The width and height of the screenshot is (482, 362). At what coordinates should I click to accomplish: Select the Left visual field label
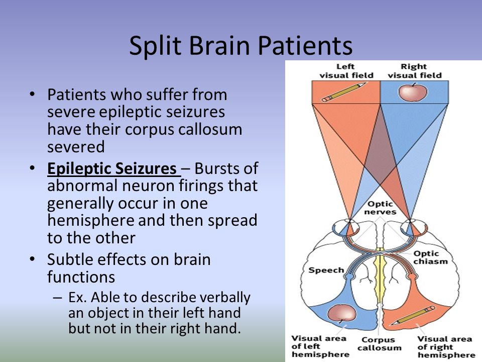(346, 71)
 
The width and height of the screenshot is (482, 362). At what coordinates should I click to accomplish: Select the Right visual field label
(414, 71)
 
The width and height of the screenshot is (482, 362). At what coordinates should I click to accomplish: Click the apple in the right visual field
(413, 92)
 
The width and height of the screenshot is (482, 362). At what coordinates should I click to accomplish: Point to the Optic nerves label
(380, 208)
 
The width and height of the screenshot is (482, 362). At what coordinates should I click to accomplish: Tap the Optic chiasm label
(430, 257)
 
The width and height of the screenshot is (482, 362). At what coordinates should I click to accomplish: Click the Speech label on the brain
(326, 270)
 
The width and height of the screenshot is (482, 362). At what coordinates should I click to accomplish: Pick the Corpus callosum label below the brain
(380, 344)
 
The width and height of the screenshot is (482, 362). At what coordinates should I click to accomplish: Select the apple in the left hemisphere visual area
(341, 313)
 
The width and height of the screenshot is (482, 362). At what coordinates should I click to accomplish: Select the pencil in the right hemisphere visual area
(414, 316)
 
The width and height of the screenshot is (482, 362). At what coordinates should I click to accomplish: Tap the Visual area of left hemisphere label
(320, 346)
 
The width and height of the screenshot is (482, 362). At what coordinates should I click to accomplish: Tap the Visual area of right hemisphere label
(446, 347)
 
